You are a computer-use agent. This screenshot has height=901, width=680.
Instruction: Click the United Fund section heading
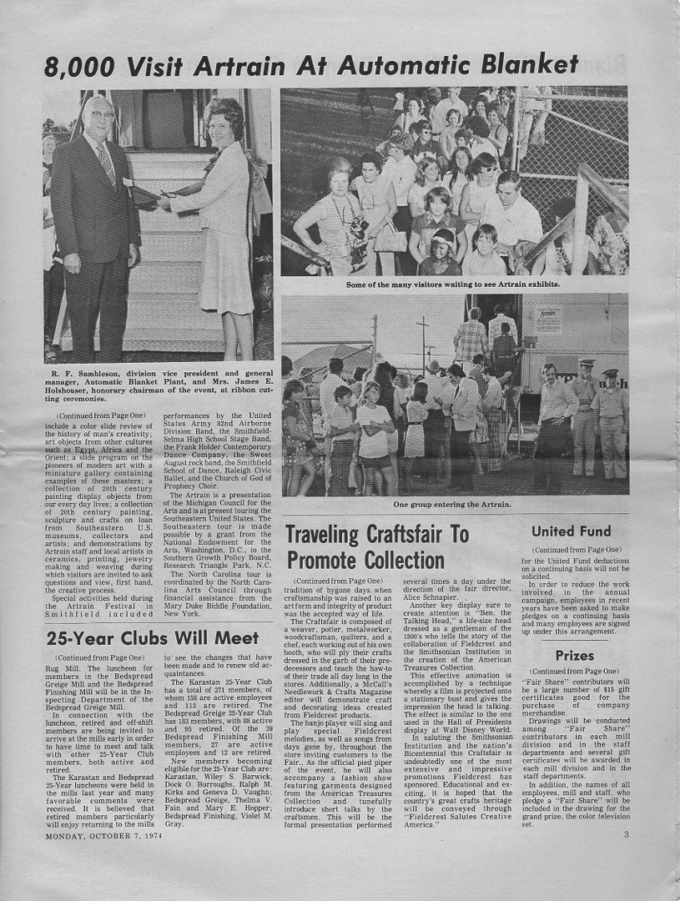click(571, 531)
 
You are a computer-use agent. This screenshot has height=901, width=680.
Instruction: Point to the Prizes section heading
click(575, 656)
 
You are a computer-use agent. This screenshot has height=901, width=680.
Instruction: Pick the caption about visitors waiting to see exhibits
click(453, 284)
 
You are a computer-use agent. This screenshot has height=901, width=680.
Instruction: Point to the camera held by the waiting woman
click(359, 227)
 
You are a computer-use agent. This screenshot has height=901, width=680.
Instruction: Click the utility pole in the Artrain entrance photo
click(423, 338)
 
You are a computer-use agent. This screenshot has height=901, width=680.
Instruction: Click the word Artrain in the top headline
click(242, 64)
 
